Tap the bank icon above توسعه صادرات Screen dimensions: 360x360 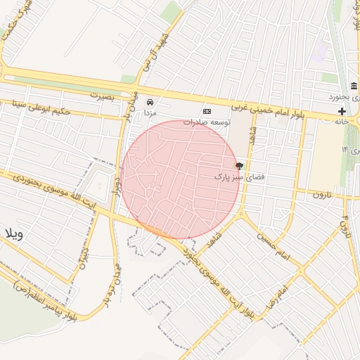click(207, 111)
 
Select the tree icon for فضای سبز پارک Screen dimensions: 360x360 click(240, 166)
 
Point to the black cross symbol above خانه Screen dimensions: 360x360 click(342, 112)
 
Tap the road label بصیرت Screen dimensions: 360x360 click(103, 94)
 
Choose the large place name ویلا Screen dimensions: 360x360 click(14, 234)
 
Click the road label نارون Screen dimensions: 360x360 click(321, 193)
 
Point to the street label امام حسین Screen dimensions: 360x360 click(274, 243)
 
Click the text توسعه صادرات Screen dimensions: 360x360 click(207, 122)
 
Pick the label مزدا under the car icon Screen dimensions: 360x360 click(150, 112)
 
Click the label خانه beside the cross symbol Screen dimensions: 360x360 click(342, 122)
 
